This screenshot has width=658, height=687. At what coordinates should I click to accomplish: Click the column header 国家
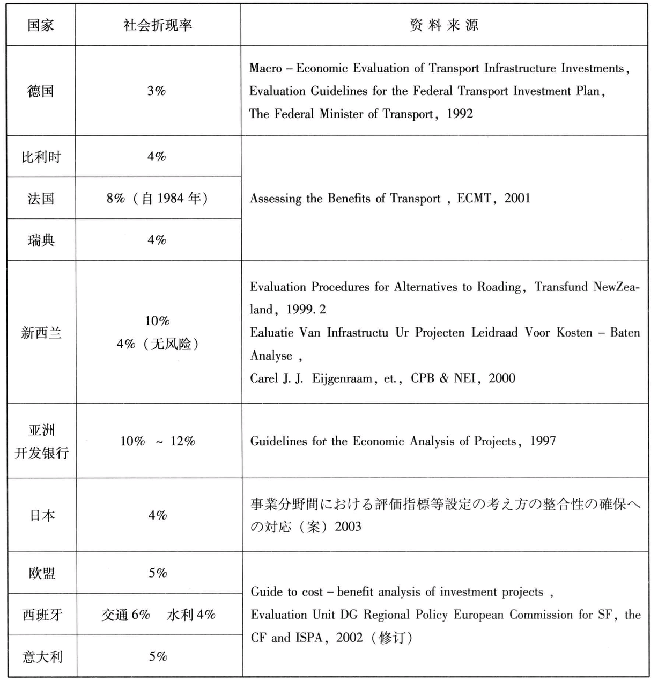pyautogui.click(x=41, y=25)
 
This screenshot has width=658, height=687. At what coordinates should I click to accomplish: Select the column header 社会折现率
pyautogui.click(x=158, y=25)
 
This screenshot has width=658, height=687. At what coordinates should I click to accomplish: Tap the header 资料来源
pyautogui.click(x=443, y=25)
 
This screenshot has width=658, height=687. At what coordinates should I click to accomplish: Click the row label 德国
pyautogui.click(x=41, y=91)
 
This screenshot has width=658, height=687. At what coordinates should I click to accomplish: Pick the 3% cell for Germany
pyautogui.click(x=157, y=91)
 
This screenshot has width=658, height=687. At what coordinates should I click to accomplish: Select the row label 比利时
pyautogui.click(x=41, y=157)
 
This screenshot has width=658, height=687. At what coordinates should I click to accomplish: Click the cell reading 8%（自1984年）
pyautogui.click(x=157, y=199)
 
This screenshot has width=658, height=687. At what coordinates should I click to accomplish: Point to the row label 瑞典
pyautogui.click(x=41, y=240)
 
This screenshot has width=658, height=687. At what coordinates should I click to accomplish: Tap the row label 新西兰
pyautogui.click(x=41, y=333)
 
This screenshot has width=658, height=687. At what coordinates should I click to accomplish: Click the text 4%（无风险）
pyautogui.click(x=158, y=344)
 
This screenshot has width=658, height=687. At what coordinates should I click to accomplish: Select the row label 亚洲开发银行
pyautogui.click(x=41, y=441)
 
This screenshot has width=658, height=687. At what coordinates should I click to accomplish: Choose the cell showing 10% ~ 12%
pyautogui.click(x=158, y=441)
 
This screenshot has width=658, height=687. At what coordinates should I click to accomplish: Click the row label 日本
pyautogui.click(x=42, y=515)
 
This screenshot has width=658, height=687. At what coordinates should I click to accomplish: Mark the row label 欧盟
pyautogui.click(x=42, y=573)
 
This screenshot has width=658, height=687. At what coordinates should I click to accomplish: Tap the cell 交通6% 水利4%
pyautogui.click(x=159, y=615)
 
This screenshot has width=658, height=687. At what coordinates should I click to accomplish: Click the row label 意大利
pyautogui.click(x=42, y=656)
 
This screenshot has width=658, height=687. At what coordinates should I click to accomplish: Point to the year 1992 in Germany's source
pyautogui.click(x=460, y=114)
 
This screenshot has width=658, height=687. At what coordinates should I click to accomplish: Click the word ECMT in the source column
pyautogui.click(x=474, y=198)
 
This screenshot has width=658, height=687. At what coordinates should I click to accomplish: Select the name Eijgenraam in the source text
pyautogui.click(x=342, y=378)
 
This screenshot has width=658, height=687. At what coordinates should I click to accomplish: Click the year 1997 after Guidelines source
pyautogui.click(x=543, y=441)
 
